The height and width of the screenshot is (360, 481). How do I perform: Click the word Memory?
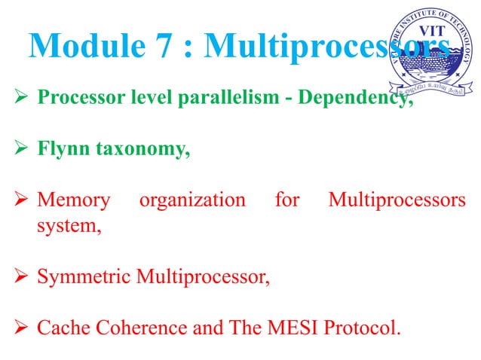click(x=73, y=202)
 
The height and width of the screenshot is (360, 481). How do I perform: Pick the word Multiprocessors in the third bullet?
click(x=397, y=202)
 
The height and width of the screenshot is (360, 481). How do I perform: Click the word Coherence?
click(x=137, y=328)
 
